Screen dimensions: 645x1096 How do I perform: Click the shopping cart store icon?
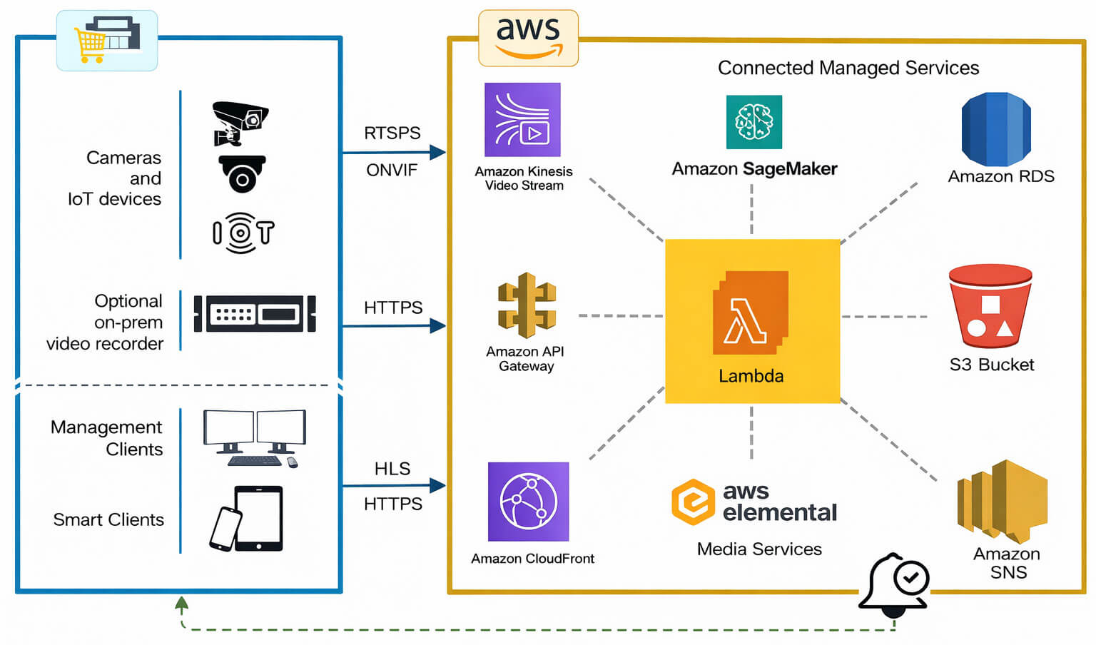[107, 40]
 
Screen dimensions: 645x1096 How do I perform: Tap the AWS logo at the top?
[528, 38]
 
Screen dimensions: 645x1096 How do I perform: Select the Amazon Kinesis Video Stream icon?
[522, 120]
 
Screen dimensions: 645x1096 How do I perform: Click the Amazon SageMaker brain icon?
[753, 122]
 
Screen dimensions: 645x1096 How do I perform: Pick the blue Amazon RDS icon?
[996, 129]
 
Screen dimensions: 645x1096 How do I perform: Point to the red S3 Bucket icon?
[990, 306]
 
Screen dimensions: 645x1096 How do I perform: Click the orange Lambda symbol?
[750, 313]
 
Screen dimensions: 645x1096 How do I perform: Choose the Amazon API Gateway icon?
[527, 305]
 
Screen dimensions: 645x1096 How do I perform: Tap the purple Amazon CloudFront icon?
[528, 502]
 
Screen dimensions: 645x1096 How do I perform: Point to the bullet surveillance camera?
[239, 121]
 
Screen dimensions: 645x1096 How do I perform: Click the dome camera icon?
[242, 173]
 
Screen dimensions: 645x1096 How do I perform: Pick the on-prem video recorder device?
[255, 313]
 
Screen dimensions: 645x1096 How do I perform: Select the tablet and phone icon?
[247, 519]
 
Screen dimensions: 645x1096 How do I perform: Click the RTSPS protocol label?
[392, 133]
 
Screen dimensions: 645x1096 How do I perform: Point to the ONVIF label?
[392, 171]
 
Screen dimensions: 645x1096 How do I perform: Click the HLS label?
[392, 469]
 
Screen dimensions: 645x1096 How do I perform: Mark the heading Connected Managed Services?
[848, 68]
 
